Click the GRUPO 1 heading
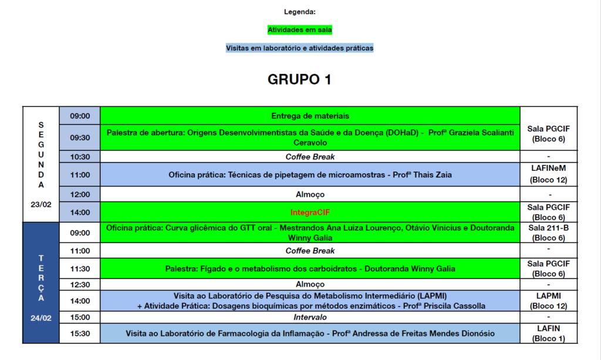coord(299,80)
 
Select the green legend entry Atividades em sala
coord(300,29)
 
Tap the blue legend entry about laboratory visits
coord(300,48)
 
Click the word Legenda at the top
coord(300,12)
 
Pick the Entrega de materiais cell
coord(310,116)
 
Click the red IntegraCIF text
coord(310,212)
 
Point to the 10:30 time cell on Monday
coord(80,157)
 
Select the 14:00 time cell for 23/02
coord(80,212)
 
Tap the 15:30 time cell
coord(80,333)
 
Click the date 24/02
coord(40,318)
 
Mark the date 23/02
coord(40,204)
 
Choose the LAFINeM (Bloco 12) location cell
coord(549,174)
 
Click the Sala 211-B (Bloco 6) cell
coord(549,233)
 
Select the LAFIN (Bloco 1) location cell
coord(549,333)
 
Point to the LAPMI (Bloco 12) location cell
coord(549,301)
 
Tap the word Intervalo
coord(310,317)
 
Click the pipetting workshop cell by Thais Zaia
coord(310,174)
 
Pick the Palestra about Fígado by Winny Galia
coord(310,268)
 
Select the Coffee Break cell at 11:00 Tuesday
coord(310,251)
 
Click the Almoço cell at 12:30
coord(310,284)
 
